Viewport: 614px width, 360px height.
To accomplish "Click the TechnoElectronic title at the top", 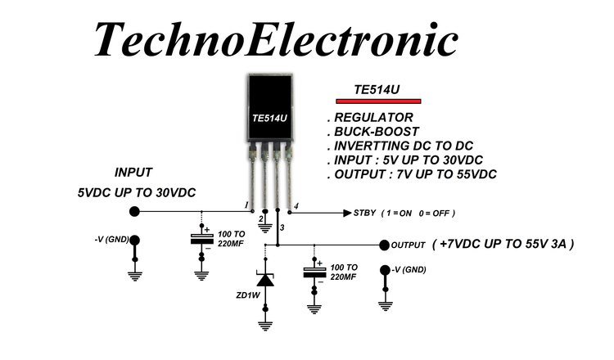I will click(x=275, y=37).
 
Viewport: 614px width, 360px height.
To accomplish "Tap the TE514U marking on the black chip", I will click(x=270, y=119).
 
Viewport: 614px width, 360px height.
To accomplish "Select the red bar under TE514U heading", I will click(x=383, y=101).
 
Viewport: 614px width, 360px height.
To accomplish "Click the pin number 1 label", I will click(x=246, y=204).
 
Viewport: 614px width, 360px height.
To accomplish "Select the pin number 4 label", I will click(x=296, y=205).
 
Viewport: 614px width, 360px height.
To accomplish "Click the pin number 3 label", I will click(x=282, y=227).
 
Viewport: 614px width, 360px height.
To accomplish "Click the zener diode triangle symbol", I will click(x=265, y=280).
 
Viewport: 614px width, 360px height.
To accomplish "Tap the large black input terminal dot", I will click(x=134, y=212).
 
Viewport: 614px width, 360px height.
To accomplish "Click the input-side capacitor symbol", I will click(x=201, y=238).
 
